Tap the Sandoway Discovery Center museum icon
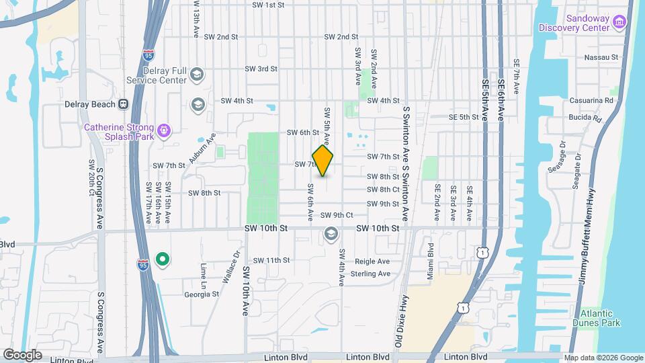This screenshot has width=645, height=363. pyautogui.click(x=619, y=23)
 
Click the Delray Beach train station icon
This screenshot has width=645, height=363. pyautogui.click(x=123, y=104)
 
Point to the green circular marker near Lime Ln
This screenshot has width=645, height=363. pyautogui.click(x=162, y=259)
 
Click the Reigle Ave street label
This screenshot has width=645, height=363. pyautogui.click(x=373, y=261)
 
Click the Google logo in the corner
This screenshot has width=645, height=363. pyautogui.click(x=22, y=355)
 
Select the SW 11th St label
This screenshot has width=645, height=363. pyautogui.click(x=271, y=260)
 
